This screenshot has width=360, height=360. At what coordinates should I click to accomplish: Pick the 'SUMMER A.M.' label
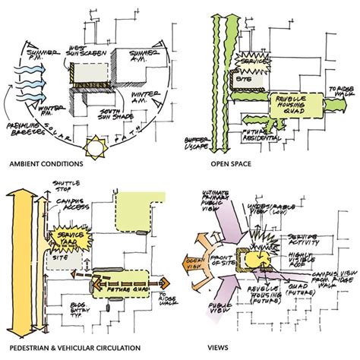[144, 54]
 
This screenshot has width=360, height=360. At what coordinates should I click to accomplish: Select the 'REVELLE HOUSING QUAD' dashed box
[289, 104]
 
